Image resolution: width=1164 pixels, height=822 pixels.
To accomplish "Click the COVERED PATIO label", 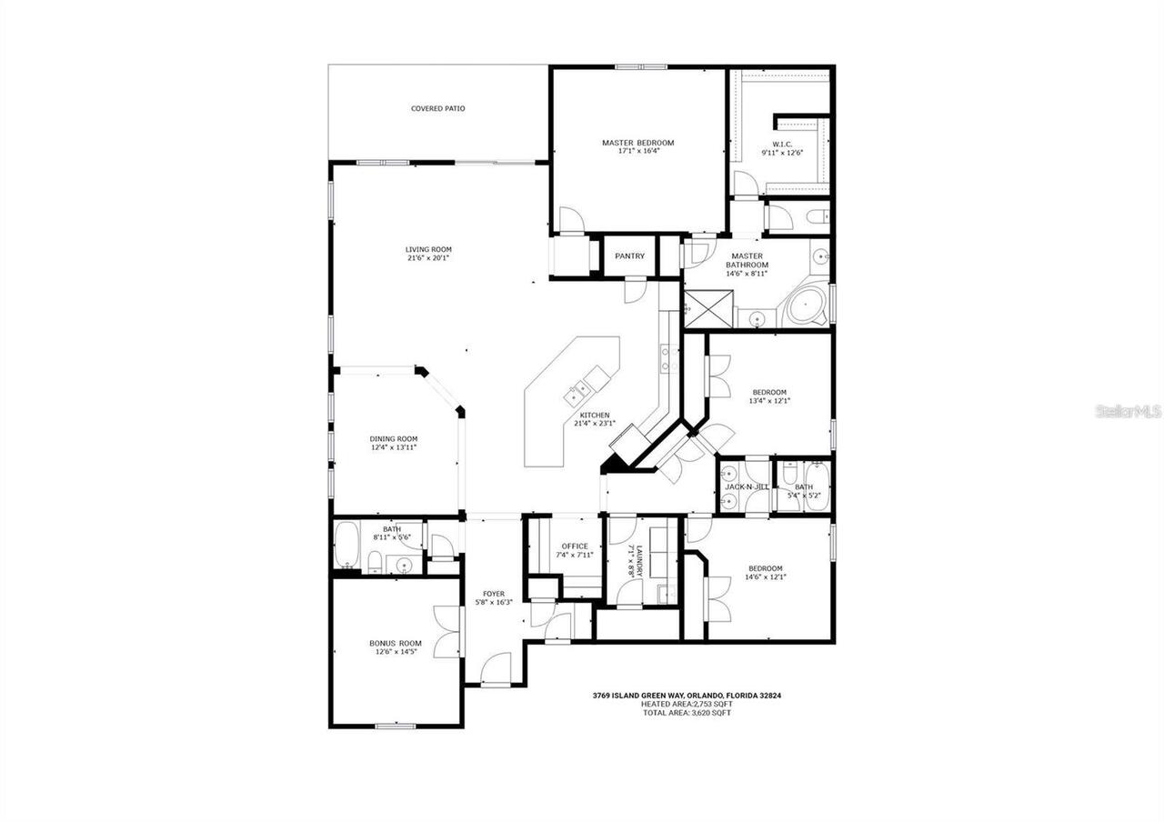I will (437, 109).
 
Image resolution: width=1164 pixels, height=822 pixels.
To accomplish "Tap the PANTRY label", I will (629, 256).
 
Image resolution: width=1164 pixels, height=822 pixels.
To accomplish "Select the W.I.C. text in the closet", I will (782, 144).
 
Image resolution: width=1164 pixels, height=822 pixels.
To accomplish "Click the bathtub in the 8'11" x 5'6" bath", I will (346, 545).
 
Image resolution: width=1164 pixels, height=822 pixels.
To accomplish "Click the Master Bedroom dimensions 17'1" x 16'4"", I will (637, 152).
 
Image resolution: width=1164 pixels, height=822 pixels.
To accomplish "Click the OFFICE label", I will (575, 546).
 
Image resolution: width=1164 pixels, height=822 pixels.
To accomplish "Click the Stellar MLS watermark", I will (1128, 412).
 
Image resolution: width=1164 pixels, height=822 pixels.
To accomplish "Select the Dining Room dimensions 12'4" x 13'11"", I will (394, 447).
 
